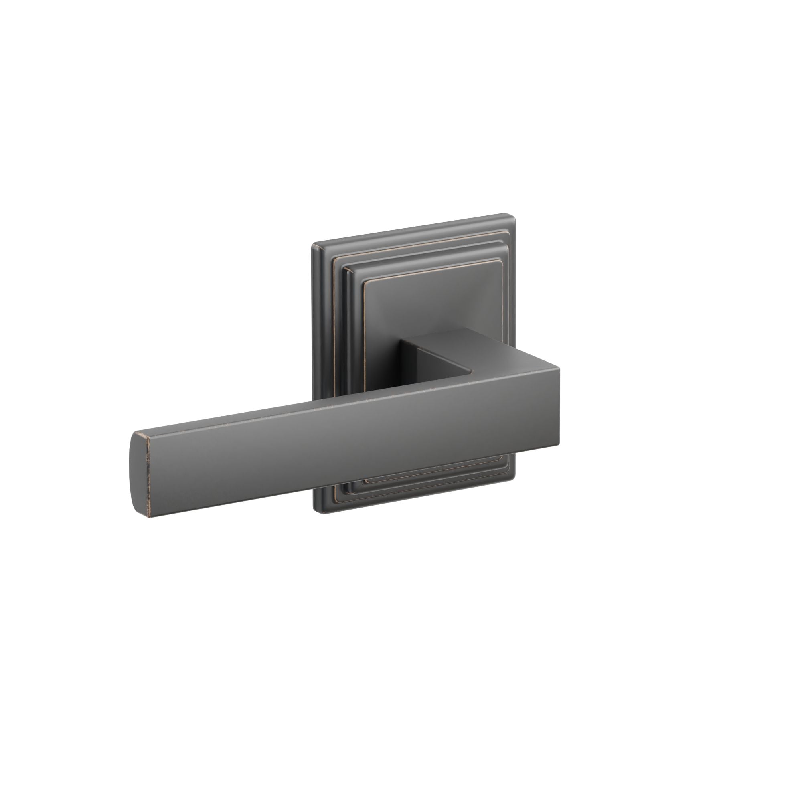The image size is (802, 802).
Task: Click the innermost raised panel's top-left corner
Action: pyautogui.click(x=365, y=282)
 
